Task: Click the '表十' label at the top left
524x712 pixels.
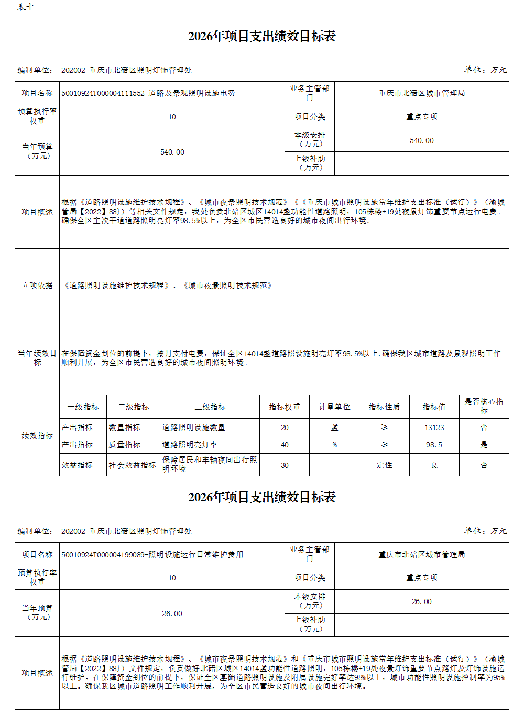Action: coord(26,7)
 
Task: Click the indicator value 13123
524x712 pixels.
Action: coord(434,428)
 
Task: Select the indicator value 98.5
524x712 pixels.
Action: coord(434,445)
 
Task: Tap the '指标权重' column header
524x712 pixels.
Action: coord(285,407)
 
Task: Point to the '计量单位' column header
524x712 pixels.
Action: coord(334,407)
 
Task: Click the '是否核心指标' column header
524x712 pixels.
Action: coord(484,406)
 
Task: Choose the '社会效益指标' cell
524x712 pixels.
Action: coord(133,465)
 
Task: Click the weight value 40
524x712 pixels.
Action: coord(285,445)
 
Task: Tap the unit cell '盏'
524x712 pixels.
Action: coord(334,428)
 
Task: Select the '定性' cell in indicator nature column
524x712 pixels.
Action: coord(384,465)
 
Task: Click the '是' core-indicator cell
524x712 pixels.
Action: coord(484,445)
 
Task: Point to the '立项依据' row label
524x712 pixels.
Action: coord(37,286)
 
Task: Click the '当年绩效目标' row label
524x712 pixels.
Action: coord(37,358)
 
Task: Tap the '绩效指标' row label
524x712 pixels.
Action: coord(37,436)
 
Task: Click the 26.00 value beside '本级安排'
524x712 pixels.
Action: coord(421,601)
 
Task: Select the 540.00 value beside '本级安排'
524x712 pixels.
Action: coord(421,140)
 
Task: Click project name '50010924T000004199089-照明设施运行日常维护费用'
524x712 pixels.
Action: coord(152,555)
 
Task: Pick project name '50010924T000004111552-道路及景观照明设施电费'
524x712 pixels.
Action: coord(148,93)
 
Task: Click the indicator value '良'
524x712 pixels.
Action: coord(434,465)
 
